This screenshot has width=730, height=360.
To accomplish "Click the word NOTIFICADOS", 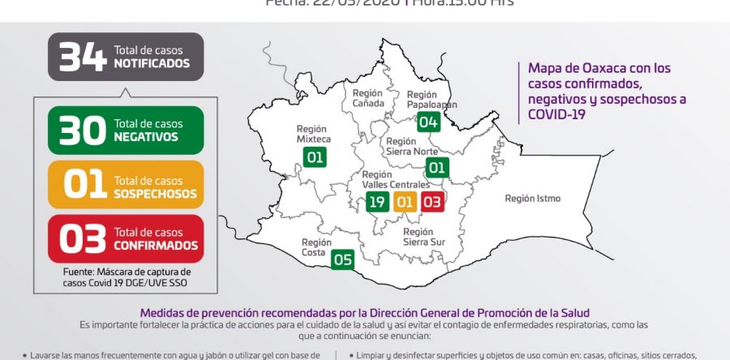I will point(152,62).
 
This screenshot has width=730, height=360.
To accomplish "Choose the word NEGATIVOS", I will point(146,136).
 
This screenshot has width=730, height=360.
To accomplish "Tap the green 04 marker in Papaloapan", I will point(428,122).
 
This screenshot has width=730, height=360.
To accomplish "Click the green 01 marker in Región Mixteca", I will point(316,156).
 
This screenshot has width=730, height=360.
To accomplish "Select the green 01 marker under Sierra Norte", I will point(437,168).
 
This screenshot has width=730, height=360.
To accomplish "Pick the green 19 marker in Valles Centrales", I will point(376,202).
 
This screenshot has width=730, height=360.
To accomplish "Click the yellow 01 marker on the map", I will point(405,202).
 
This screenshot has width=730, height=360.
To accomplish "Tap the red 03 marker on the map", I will point(432,202).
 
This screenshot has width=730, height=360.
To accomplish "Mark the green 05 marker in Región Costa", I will point(343,259).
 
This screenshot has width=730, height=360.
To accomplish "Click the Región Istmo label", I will point(532,198).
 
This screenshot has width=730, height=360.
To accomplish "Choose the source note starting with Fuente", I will point(127,276).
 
